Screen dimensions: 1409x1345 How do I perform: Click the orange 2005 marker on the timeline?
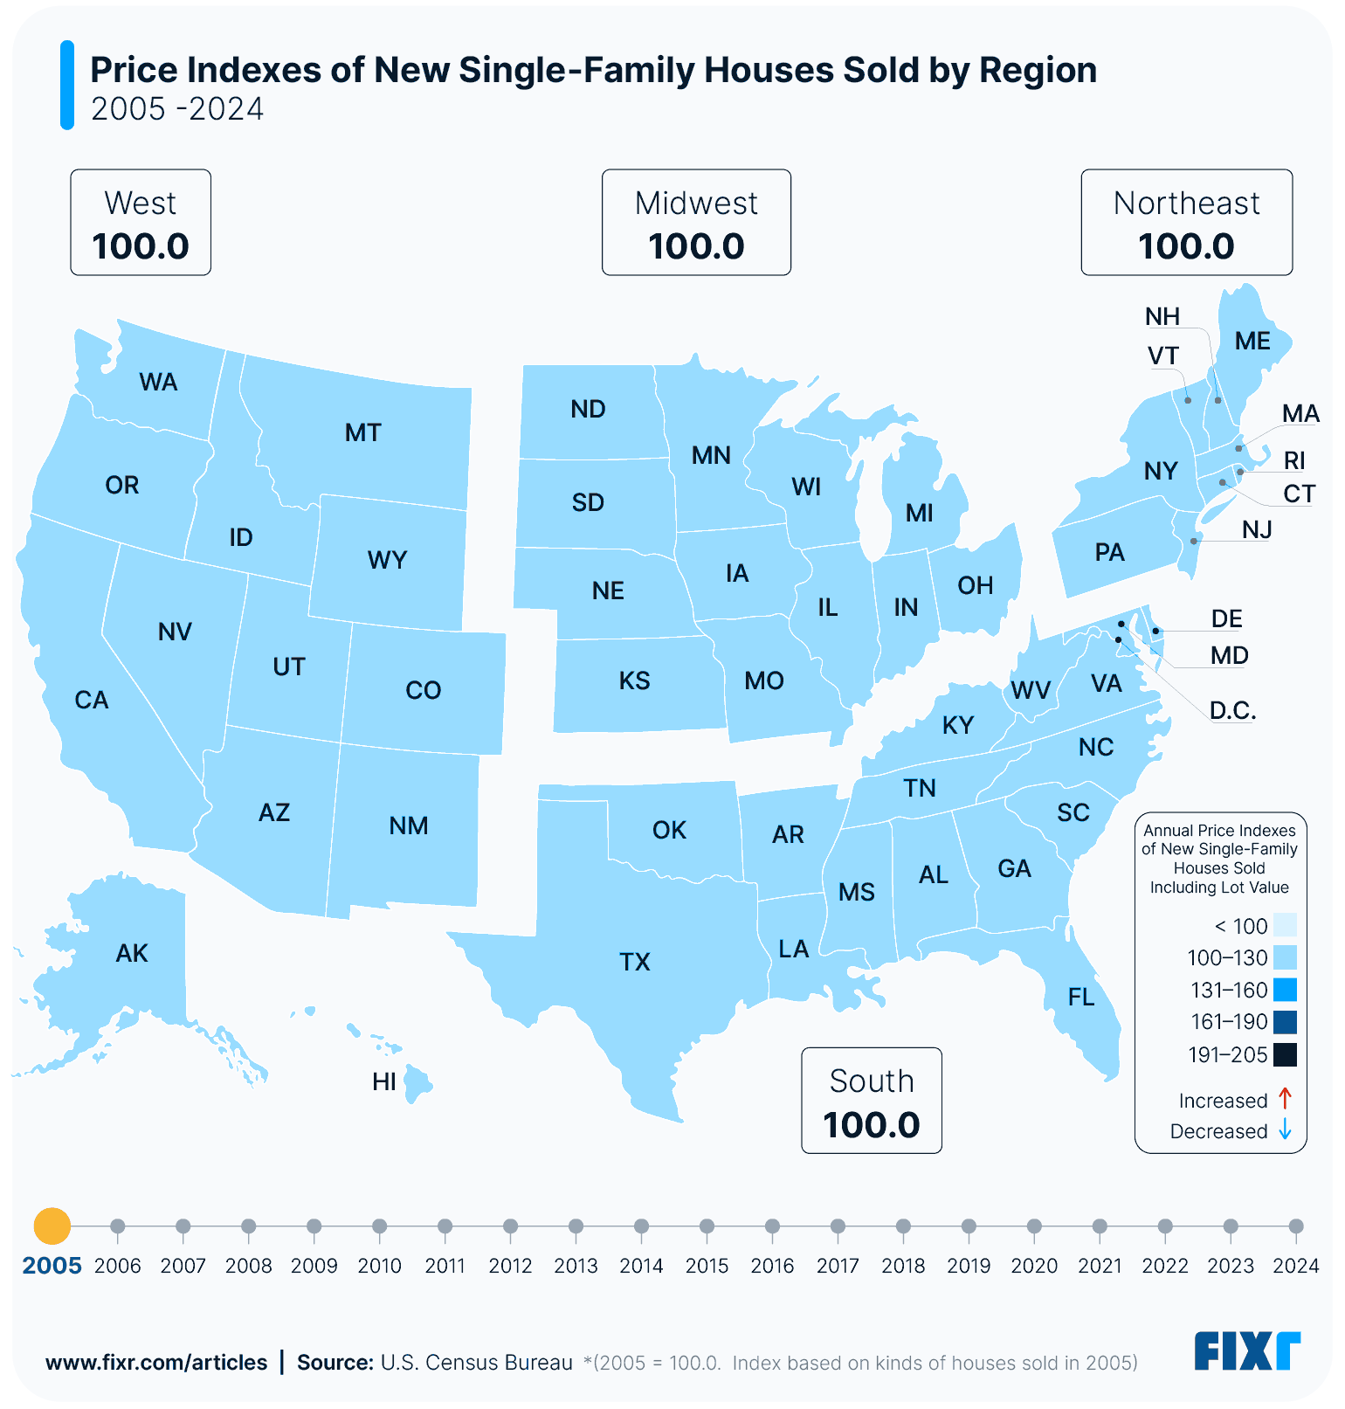tap(52, 1226)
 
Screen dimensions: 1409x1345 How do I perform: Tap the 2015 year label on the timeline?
tap(707, 1266)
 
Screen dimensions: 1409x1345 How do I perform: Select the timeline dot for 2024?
tap(1296, 1226)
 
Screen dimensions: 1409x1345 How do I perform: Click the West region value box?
tap(141, 223)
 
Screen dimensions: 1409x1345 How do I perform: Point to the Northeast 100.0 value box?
tap(1186, 223)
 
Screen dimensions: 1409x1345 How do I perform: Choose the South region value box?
tap(872, 1101)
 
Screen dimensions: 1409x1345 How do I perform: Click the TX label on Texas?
tap(635, 962)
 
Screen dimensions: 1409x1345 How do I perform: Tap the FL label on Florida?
tap(1081, 997)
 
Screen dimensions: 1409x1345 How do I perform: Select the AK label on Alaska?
tap(132, 953)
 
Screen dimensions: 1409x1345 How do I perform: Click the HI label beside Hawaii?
tap(384, 1081)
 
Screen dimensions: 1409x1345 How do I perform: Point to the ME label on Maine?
tap(1252, 341)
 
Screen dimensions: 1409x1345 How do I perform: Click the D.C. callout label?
tap(1232, 710)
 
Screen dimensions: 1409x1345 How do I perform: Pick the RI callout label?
tap(1294, 460)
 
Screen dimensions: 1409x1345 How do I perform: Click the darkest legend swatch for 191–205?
tap(1285, 1055)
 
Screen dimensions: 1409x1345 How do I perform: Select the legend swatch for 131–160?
tap(1285, 991)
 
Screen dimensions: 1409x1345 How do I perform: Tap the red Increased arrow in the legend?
tap(1285, 1099)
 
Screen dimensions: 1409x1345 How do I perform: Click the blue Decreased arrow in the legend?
tap(1285, 1130)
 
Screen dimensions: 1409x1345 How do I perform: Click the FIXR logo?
tap(1247, 1351)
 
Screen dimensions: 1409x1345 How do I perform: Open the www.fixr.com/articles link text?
tap(156, 1363)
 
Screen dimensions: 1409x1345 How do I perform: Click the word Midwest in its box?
tap(696, 204)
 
